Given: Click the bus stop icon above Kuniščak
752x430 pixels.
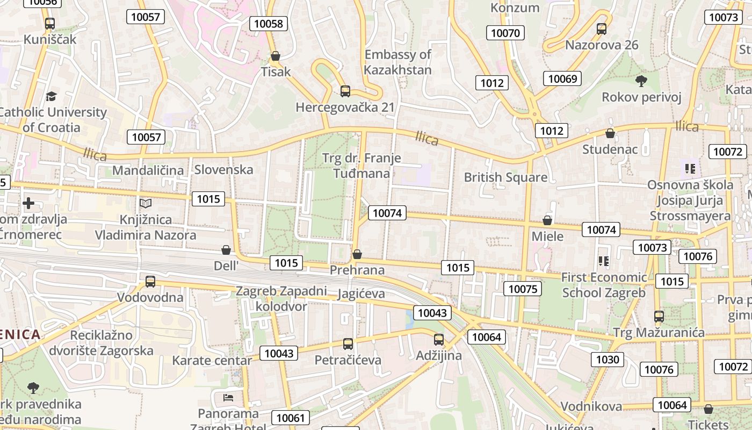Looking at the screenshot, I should click(50, 24).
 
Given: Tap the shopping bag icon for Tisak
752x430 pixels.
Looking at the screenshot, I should click(276, 56).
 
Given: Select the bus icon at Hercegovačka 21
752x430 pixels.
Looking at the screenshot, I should click(345, 91).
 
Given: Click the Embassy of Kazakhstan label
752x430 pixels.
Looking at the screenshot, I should click(397, 62).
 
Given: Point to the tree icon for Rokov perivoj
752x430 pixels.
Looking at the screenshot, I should click(641, 81).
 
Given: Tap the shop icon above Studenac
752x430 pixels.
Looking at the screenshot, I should click(610, 133).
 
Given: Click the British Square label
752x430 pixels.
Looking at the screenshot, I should click(505, 177).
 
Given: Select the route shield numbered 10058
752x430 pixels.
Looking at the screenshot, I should click(269, 23).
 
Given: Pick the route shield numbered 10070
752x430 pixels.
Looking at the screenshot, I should click(505, 33).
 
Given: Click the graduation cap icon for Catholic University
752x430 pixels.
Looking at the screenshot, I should click(51, 96).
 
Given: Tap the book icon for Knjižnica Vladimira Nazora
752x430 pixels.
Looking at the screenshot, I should click(146, 203).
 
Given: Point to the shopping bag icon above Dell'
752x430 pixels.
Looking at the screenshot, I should click(226, 250).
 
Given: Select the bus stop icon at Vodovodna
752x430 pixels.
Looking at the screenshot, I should click(150, 281).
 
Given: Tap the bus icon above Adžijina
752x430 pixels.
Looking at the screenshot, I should click(439, 340).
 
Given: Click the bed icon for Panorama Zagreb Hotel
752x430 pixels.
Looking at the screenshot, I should click(228, 398).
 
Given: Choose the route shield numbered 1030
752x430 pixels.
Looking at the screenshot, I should click(608, 359).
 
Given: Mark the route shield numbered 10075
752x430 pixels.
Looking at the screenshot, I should click(523, 289).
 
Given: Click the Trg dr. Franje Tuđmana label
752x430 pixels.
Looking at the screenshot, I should click(361, 166).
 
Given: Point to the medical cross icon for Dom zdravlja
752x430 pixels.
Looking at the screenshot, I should click(28, 203).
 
